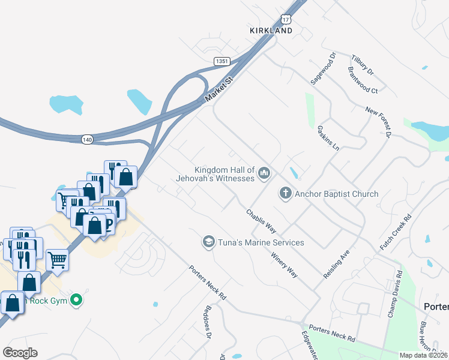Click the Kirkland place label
271,31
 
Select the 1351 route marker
223,61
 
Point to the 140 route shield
87,139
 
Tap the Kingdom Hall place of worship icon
264,174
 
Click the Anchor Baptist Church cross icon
285,194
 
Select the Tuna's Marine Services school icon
208,242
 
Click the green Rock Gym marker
76,299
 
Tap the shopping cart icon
57,260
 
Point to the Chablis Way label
261,221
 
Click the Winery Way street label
284,265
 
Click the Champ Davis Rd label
394,295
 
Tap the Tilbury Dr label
362,63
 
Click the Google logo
20,353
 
